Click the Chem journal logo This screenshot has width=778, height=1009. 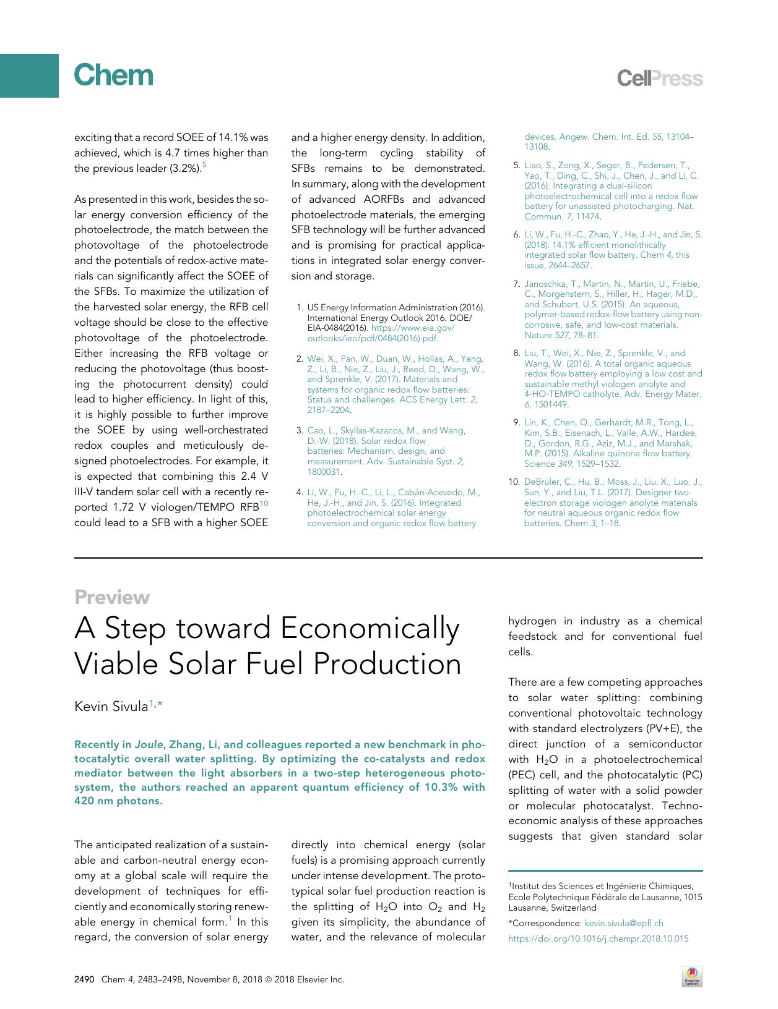pos(113,76)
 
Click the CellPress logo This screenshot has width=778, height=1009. pos(660,79)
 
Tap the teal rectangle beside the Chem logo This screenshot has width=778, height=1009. pos(29,75)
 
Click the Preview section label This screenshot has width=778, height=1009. pos(112,597)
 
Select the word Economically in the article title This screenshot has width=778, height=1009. pos(370,629)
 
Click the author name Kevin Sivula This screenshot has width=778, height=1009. pos(111,706)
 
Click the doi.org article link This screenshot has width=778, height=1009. pos(598,939)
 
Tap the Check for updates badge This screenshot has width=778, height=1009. pos(691,977)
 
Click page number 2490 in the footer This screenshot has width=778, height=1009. pos(84,979)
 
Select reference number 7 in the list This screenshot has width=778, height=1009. pos(516,284)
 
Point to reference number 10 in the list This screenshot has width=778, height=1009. pos(513,482)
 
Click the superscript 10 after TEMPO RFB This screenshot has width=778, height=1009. pos(264,503)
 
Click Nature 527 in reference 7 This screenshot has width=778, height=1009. pos(547,335)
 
